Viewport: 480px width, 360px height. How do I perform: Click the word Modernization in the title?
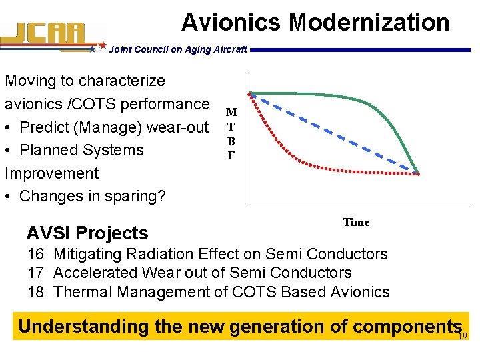[369, 22]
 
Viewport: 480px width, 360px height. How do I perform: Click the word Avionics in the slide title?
[231, 22]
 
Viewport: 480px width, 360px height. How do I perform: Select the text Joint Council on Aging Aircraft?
[177, 49]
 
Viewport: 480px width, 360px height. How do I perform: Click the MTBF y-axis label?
[231, 134]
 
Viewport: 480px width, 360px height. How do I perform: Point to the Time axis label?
[356, 222]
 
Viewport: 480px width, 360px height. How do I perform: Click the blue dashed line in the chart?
[333, 133]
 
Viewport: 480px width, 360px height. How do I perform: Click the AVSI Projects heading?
[87, 233]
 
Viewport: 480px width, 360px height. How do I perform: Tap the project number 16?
[35, 254]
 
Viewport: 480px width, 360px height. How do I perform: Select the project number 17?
[35, 273]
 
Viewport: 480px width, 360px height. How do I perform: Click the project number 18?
[35, 291]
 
